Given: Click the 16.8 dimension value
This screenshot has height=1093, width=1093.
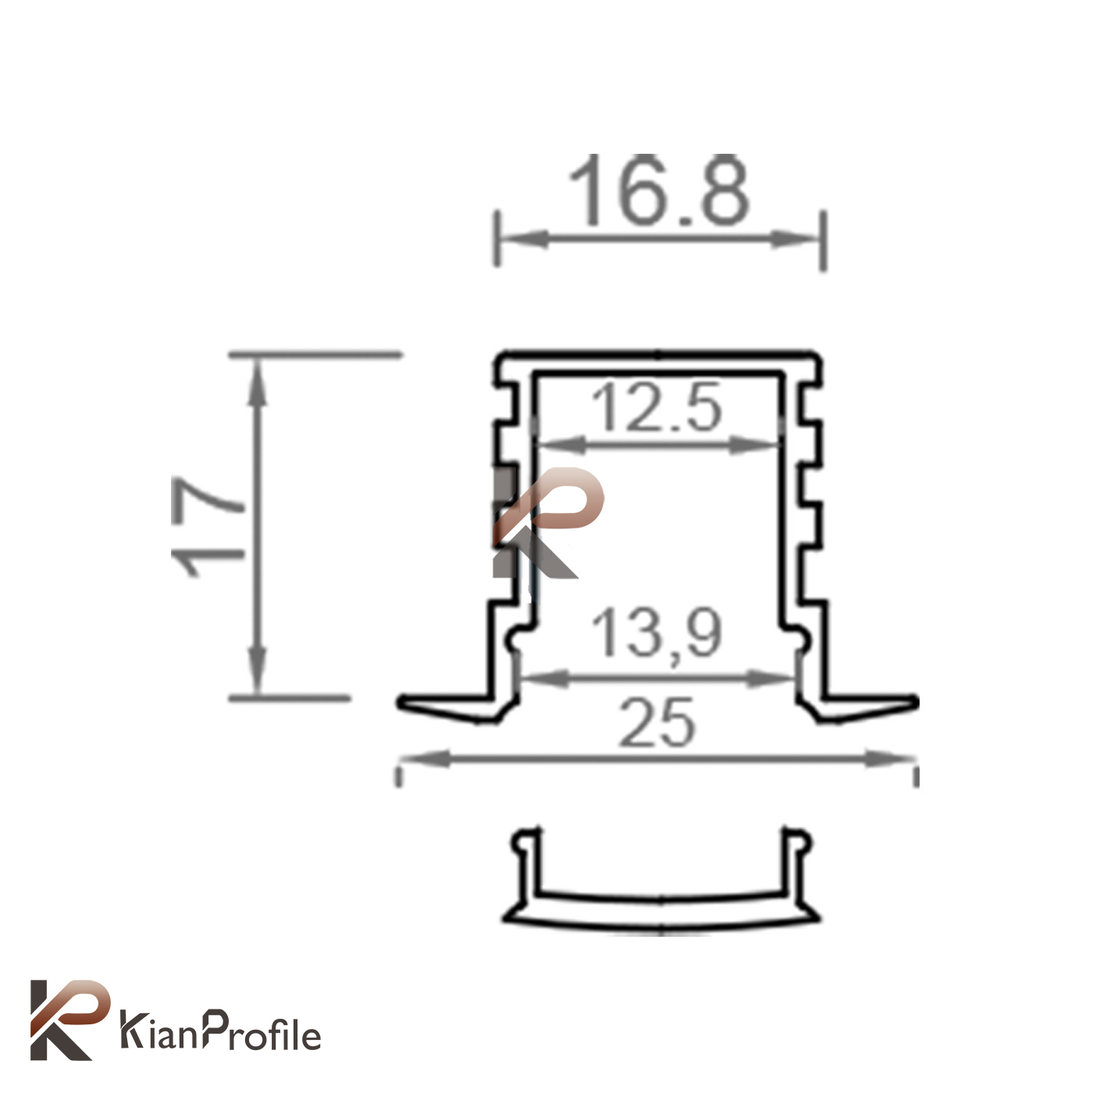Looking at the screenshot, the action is coord(659,190).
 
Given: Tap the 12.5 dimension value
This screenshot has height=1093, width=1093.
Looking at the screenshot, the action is coord(657,407).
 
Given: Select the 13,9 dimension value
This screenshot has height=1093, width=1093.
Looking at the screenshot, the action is coord(657,634).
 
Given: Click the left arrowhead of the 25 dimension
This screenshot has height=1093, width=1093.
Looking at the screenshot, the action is coord(425,758).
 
